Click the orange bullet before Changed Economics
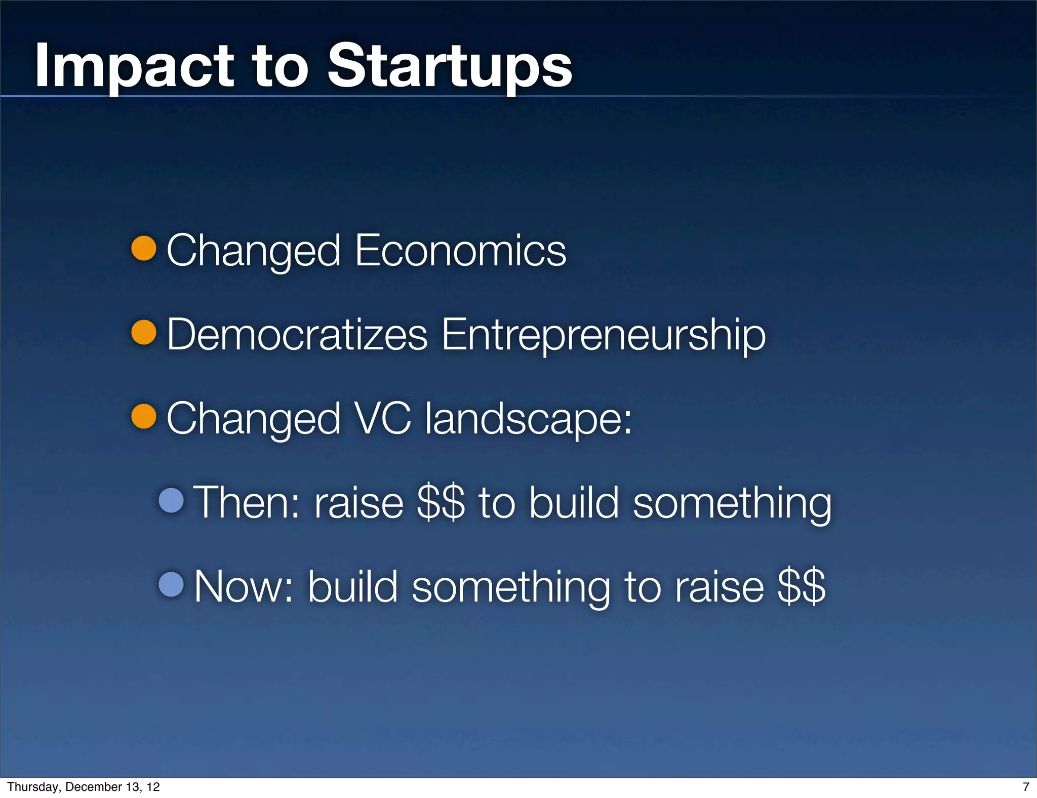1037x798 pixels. click(x=144, y=248)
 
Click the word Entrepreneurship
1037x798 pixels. click(x=603, y=335)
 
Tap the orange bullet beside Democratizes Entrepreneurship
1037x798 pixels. click(x=144, y=332)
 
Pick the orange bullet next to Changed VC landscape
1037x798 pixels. click(x=144, y=416)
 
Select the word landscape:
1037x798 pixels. click(x=528, y=419)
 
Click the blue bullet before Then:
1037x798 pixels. click(x=171, y=500)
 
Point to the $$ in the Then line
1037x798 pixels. click(x=440, y=502)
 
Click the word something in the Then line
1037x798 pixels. click(x=732, y=503)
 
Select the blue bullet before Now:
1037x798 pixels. click(x=171, y=584)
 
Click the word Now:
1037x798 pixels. click(x=244, y=586)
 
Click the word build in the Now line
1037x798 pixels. click(x=352, y=586)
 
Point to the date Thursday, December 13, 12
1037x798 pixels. click(x=84, y=787)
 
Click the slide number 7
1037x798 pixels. click(x=1026, y=787)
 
